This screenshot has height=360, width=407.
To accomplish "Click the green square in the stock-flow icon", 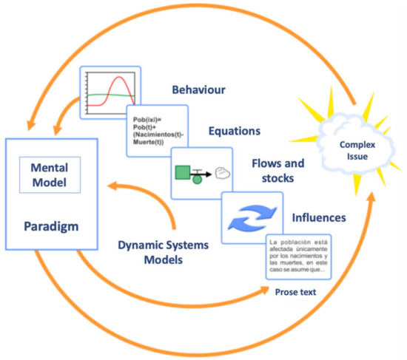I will tap(183, 174).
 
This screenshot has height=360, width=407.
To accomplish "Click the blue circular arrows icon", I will tap(252, 219).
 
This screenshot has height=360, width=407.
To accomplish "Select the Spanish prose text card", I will tap(298, 256).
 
